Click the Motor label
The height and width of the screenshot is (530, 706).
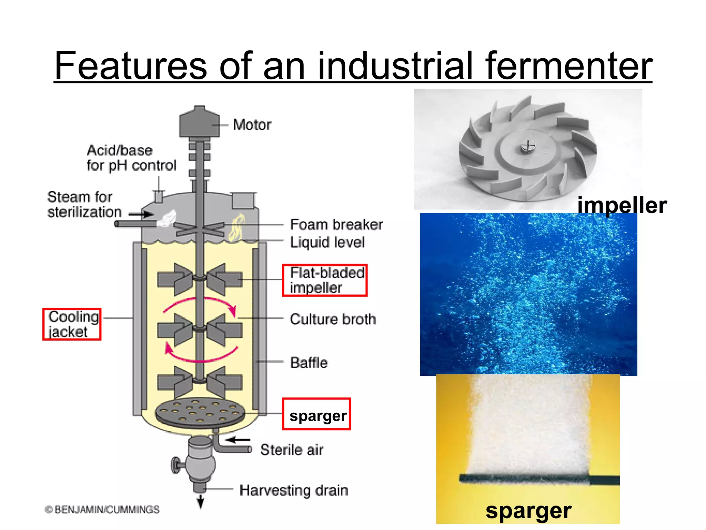coord(252,125)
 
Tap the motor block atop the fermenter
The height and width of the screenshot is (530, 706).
coord(199,123)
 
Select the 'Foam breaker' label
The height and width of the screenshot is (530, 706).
coord(336,225)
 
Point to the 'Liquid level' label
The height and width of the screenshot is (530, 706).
coord(327,242)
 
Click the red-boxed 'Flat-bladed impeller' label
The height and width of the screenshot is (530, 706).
coord(325,280)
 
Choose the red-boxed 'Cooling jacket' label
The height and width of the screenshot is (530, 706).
coord(72,324)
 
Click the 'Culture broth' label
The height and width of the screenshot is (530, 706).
coord(333,320)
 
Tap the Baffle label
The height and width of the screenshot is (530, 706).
coord(309,363)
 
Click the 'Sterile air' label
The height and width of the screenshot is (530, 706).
coord(292,450)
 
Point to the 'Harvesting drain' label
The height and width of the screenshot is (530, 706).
coord(294,490)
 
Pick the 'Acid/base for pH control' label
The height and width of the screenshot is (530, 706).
coord(131,158)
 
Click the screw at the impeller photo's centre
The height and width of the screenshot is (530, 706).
coord(526,147)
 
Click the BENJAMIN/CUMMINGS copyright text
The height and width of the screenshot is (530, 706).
coord(102,510)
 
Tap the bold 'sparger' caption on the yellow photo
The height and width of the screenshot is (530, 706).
coord(528,511)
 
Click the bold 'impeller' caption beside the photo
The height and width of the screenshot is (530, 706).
coord(622,206)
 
